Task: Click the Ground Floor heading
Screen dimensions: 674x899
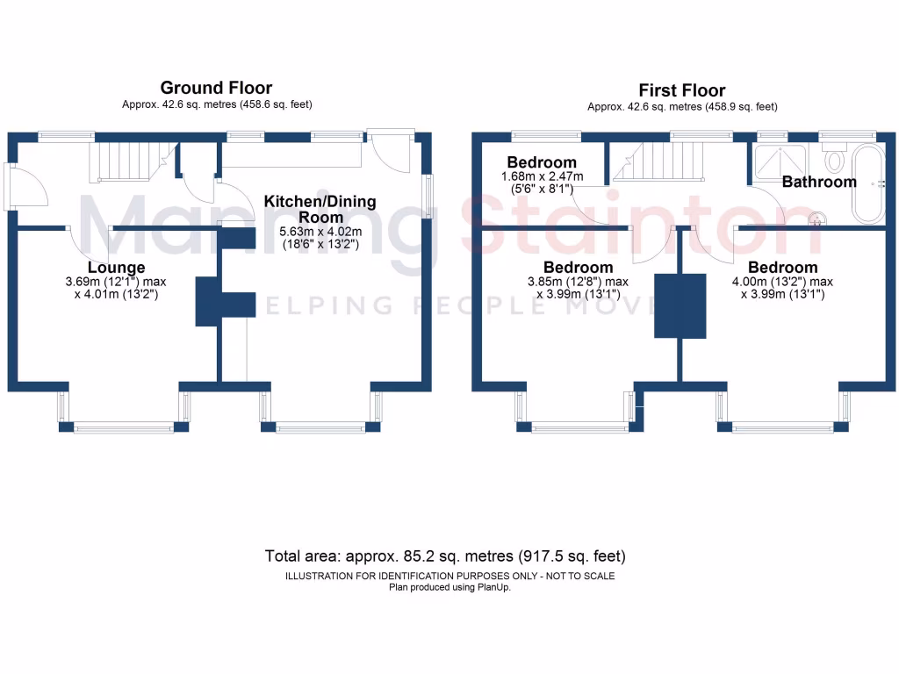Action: [216, 88]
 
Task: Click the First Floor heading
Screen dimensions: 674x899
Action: [681, 90]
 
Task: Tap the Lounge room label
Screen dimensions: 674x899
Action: [116, 267]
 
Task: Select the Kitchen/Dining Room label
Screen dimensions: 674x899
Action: [320, 209]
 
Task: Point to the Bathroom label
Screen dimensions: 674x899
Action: [818, 183]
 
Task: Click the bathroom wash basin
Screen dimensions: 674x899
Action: [817, 217]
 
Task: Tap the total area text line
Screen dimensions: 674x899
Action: [445, 556]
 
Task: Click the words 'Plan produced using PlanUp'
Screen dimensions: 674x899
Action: [449, 587]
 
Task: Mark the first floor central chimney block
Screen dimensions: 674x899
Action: [680, 305]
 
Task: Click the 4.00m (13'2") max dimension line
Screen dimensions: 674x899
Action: [782, 282]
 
